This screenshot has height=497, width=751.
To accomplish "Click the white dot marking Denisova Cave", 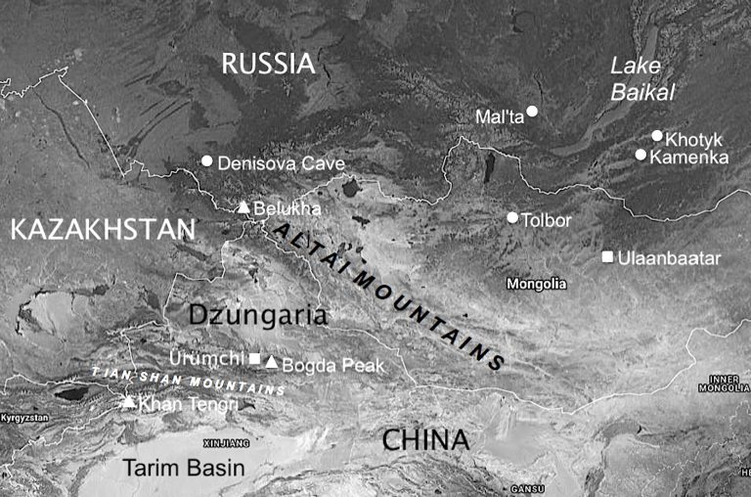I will (206, 160).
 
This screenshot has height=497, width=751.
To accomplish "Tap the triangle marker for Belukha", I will (244, 207).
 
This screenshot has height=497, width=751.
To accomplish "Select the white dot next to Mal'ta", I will (532, 111).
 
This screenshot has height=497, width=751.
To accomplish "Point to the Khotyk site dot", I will (657, 136).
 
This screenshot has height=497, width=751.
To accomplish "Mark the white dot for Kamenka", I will (641, 155).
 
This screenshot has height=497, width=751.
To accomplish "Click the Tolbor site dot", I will (511, 217).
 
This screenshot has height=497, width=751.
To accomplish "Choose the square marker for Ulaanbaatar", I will (607, 257).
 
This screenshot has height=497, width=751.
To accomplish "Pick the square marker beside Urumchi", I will (255, 359).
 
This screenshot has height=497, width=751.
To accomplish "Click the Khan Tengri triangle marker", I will (128, 401).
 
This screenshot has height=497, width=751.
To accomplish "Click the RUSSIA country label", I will (268, 65).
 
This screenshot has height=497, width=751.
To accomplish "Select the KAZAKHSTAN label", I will (103, 230).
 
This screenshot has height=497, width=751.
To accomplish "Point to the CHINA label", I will (425, 440).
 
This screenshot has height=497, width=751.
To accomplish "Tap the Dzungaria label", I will (256, 315).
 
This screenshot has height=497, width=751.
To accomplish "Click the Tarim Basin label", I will (184, 468).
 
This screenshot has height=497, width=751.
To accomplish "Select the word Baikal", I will (638, 93).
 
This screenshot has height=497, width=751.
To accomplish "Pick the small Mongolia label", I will (536, 284).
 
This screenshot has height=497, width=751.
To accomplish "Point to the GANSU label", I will (528, 488).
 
